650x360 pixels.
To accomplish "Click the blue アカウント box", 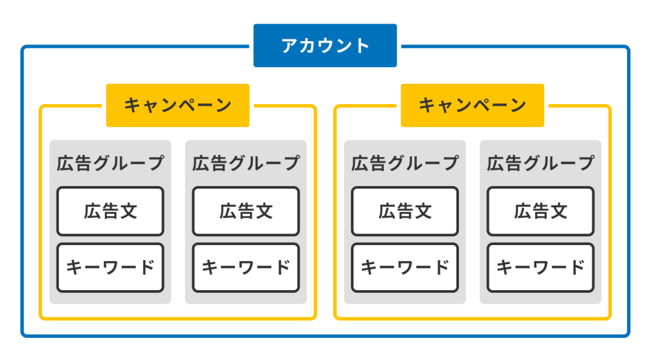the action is pyautogui.click(x=325, y=46).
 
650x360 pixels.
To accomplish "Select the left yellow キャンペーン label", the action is pyautogui.click(x=178, y=105).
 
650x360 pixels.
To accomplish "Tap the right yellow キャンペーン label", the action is pyautogui.click(x=472, y=105).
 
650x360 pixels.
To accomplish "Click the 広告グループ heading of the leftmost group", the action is pyautogui.click(x=110, y=163).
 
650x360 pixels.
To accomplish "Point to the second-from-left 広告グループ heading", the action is pyautogui.click(x=246, y=163).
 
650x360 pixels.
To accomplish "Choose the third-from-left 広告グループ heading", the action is pyautogui.click(x=405, y=163).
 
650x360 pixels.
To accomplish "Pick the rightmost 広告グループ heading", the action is pyautogui.click(x=541, y=163).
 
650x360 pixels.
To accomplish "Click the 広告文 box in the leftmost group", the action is pyautogui.click(x=110, y=211).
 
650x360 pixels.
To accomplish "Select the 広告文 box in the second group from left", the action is pyautogui.click(x=246, y=211).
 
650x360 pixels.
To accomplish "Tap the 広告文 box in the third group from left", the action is pyautogui.click(x=405, y=211).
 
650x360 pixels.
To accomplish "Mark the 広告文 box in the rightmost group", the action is pyautogui.click(x=541, y=211).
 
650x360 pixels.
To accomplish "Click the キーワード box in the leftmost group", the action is pyautogui.click(x=110, y=267).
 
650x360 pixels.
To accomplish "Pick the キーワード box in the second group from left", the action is pyautogui.click(x=246, y=267).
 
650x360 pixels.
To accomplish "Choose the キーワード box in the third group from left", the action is pyautogui.click(x=405, y=267).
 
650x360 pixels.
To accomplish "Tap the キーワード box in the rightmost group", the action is pyautogui.click(x=541, y=267).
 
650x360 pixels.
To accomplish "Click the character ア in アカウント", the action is pyautogui.click(x=290, y=46).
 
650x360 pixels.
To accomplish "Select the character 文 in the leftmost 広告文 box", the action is pyautogui.click(x=128, y=211).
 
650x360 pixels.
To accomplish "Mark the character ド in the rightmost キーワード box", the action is pyautogui.click(x=577, y=267).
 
